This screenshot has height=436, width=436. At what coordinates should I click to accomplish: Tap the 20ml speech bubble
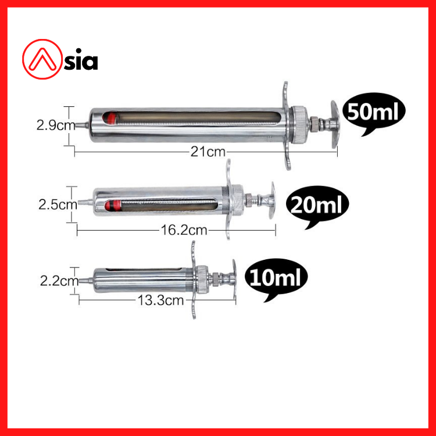click(x=317, y=205)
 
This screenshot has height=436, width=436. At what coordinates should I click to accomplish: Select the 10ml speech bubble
click(x=276, y=277)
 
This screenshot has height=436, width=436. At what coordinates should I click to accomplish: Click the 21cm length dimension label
click(x=208, y=152)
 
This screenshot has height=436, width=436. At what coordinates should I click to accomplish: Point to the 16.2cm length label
click(x=184, y=230)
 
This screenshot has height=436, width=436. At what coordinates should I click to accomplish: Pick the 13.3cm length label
click(x=160, y=301)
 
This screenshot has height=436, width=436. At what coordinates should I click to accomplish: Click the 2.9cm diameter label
click(x=56, y=126)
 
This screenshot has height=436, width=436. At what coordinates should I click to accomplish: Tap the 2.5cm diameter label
click(x=58, y=205)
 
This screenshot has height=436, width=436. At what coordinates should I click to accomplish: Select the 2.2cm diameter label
click(x=59, y=281)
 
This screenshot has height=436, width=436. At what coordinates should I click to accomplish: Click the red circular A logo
click(x=42, y=59)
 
